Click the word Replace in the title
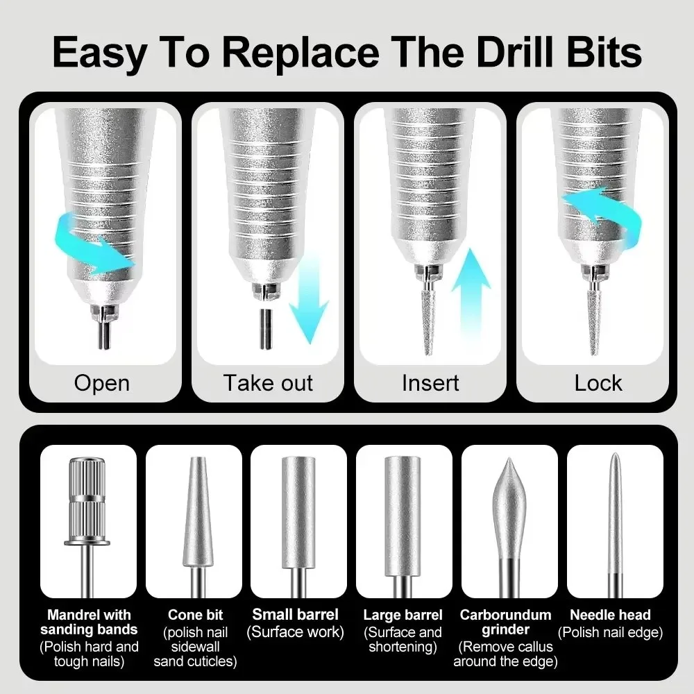coord(303,51)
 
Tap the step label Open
coord(101,383)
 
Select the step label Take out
coord(268,383)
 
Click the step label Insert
coord(430,383)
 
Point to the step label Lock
coord(598,383)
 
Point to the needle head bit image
coord(614,520)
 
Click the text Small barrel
coord(296,614)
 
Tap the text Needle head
coord(610,614)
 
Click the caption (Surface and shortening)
coord(403,639)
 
